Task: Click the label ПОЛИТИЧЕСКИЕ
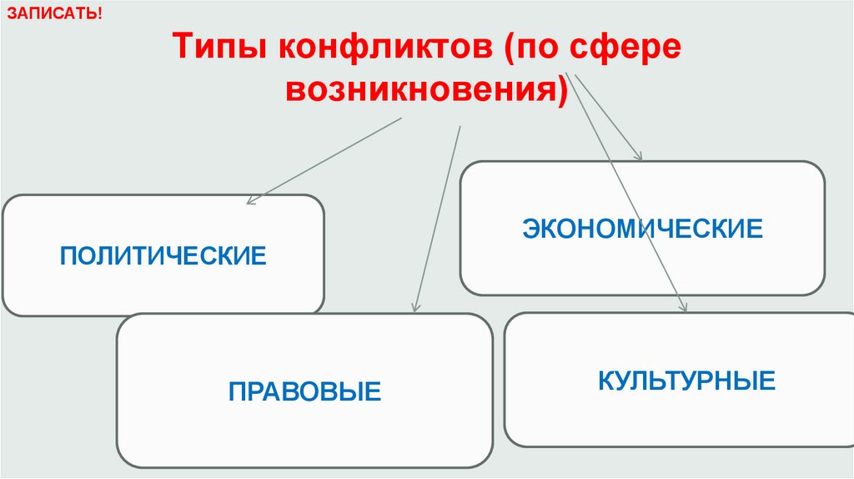[x=163, y=255]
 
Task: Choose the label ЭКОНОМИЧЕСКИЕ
[x=642, y=229]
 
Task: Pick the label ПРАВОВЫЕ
[x=304, y=390]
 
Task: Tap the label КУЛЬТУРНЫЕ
[x=686, y=381]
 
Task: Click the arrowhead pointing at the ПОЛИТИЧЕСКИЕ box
[x=251, y=201]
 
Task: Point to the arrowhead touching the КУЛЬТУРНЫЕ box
[x=684, y=308]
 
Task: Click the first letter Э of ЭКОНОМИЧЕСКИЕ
[x=531, y=229]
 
